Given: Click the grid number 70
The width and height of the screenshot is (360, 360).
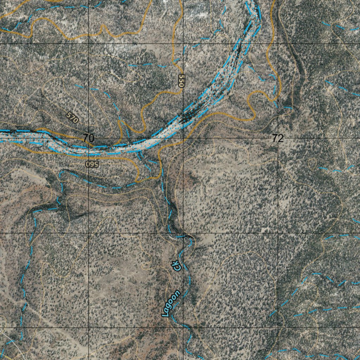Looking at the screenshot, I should tap(89, 138).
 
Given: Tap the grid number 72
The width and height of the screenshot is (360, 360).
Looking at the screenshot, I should tap(277, 138).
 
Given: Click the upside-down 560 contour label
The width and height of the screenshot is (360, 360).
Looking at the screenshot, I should tap(91, 164).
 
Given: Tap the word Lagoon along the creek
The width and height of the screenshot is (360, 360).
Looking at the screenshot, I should tap(172, 303).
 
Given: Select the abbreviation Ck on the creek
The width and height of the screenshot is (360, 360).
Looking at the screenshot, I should tap(177, 266).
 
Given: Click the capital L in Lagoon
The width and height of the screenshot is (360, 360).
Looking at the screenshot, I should tap(166, 313).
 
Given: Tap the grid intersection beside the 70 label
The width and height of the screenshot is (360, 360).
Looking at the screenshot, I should tap(88, 138).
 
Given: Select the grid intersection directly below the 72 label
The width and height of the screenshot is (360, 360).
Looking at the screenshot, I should tap(277, 233).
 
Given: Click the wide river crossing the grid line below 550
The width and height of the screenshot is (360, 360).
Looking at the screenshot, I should tap(183, 118).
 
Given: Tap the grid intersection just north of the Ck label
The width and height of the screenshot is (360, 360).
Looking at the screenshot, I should tap(183, 233).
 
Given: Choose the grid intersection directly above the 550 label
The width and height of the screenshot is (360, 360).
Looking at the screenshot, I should tap(183, 44).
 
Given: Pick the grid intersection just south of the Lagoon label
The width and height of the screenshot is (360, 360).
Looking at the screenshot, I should tap(183, 328).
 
